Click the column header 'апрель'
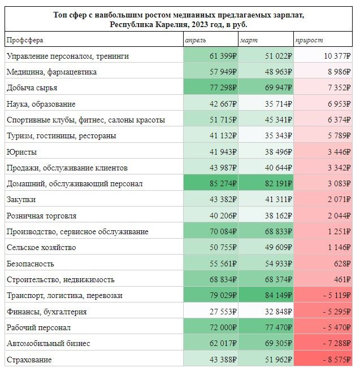pyautogui.click(x=196, y=40)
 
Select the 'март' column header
pyautogui.click(x=249, y=40)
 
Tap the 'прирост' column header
pyautogui.click(x=308, y=40)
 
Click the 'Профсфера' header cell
pyautogui.click(x=25, y=40)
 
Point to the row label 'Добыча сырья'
pyautogui.click(x=32, y=88)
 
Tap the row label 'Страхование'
pyautogui.click(x=29, y=360)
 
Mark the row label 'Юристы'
pyautogui.click(x=21, y=152)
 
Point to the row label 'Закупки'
pyautogui.click(x=21, y=200)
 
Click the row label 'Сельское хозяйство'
pyautogui.click(x=40, y=248)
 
